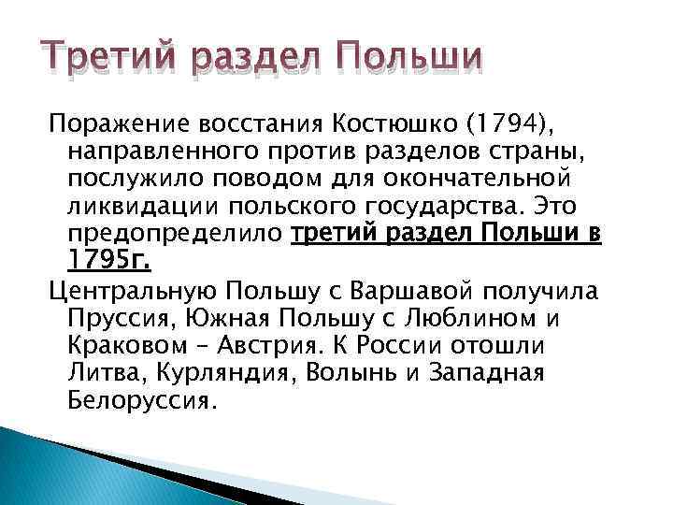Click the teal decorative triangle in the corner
[56, 468]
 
